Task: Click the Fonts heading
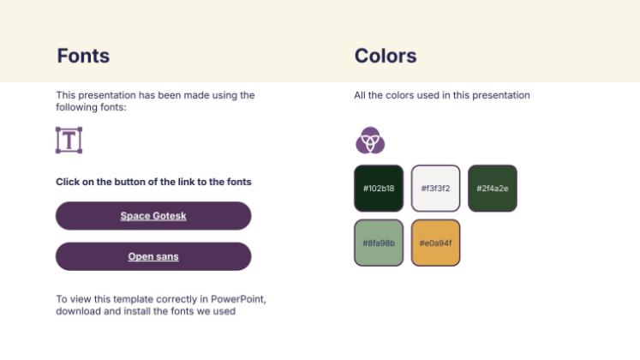83,56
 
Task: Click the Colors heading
386,56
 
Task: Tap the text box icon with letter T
69,141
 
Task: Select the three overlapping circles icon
370,141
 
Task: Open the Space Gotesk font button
153,216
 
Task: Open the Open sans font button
153,256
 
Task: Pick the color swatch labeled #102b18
379,189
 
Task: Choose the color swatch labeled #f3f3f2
435,189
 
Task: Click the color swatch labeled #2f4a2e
493,189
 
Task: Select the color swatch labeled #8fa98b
379,243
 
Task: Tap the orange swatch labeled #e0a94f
435,243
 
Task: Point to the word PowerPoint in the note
238,299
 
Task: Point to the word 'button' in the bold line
130,182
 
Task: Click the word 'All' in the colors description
360,95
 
